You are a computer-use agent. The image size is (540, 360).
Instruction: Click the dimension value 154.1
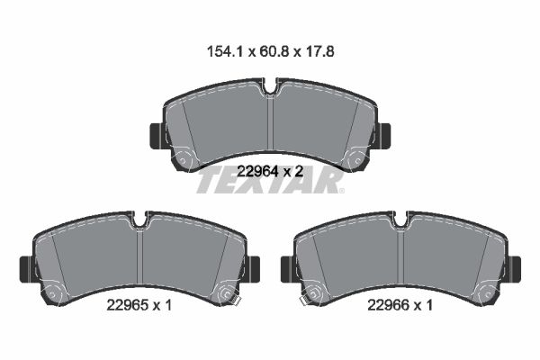(x=225, y=52)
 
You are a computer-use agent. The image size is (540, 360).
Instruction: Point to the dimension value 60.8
(x=273, y=52)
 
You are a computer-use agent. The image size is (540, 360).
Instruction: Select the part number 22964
(x=257, y=171)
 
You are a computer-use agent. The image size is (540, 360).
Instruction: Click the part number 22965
(x=127, y=305)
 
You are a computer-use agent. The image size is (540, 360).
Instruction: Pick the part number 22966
(x=388, y=305)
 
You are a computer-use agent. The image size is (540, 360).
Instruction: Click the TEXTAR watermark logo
(x=270, y=180)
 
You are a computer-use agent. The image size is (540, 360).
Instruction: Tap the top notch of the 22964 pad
(x=270, y=86)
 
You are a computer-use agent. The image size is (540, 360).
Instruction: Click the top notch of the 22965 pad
(x=139, y=220)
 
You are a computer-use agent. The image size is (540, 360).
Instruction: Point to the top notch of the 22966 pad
(x=400, y=220)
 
